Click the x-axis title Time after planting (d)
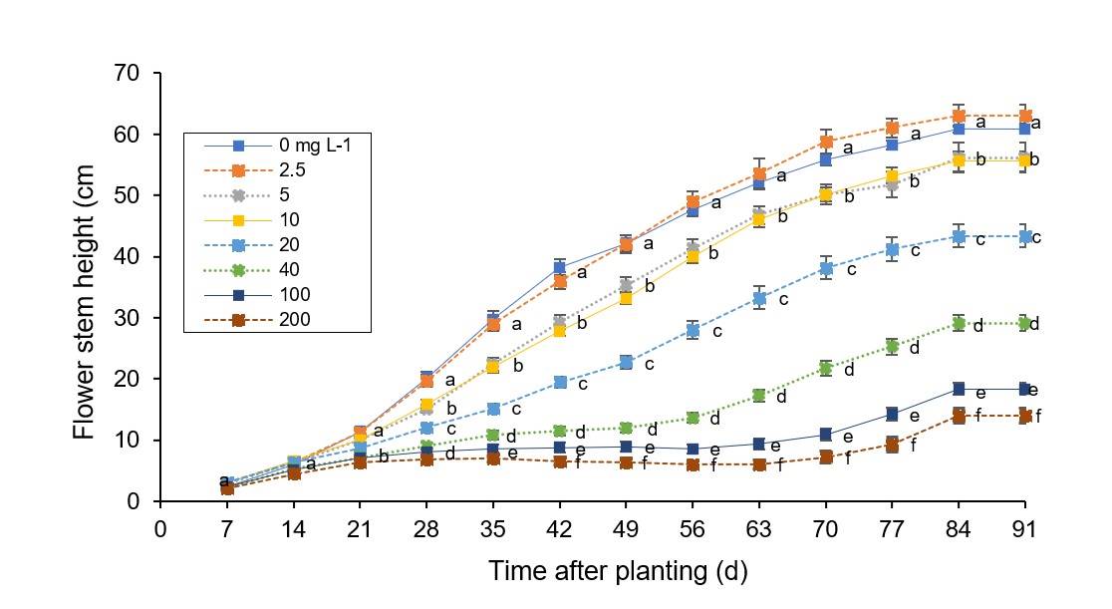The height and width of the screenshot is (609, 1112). point(618,571)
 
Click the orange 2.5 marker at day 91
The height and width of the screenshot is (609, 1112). point(1025,117)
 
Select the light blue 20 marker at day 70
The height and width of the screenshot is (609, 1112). point(826,269)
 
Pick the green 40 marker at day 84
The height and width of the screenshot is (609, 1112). point(959,323)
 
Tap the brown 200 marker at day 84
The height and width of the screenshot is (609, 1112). point(959,416)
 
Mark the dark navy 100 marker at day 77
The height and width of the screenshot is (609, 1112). point(892,414)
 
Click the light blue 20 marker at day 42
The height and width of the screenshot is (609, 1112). point(560,382)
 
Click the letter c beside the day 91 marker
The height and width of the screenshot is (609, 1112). point(1037,237)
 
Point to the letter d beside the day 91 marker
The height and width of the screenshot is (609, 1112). point(1037,323)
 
